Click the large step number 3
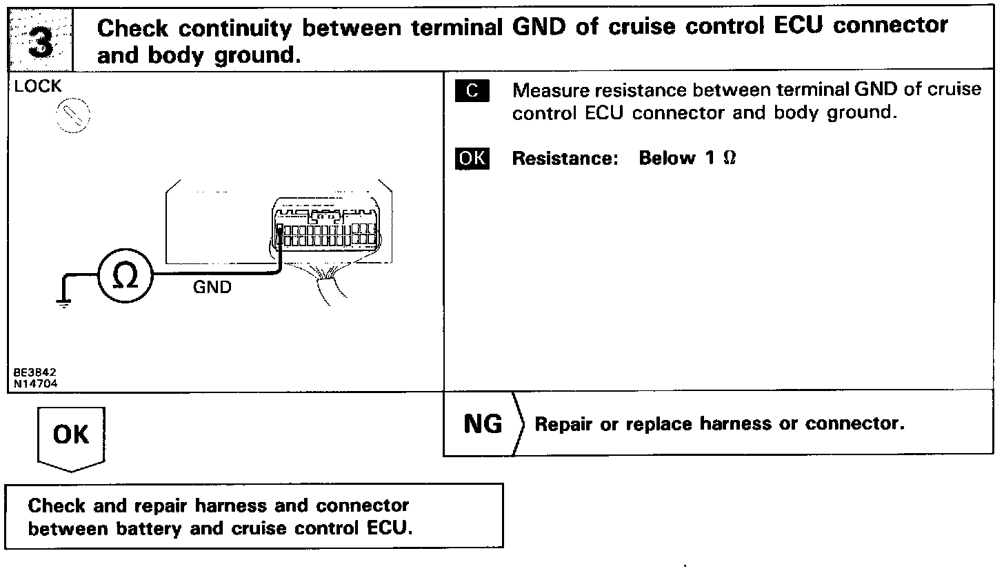click(43, 41)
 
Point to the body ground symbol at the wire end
click(64, 302)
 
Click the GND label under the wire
click(212, 288)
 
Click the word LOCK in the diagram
click(37, 87)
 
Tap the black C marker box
click(472, 91)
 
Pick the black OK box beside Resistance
click(472, 159)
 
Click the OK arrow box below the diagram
click(71, 437)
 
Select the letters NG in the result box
click(483, 424)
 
